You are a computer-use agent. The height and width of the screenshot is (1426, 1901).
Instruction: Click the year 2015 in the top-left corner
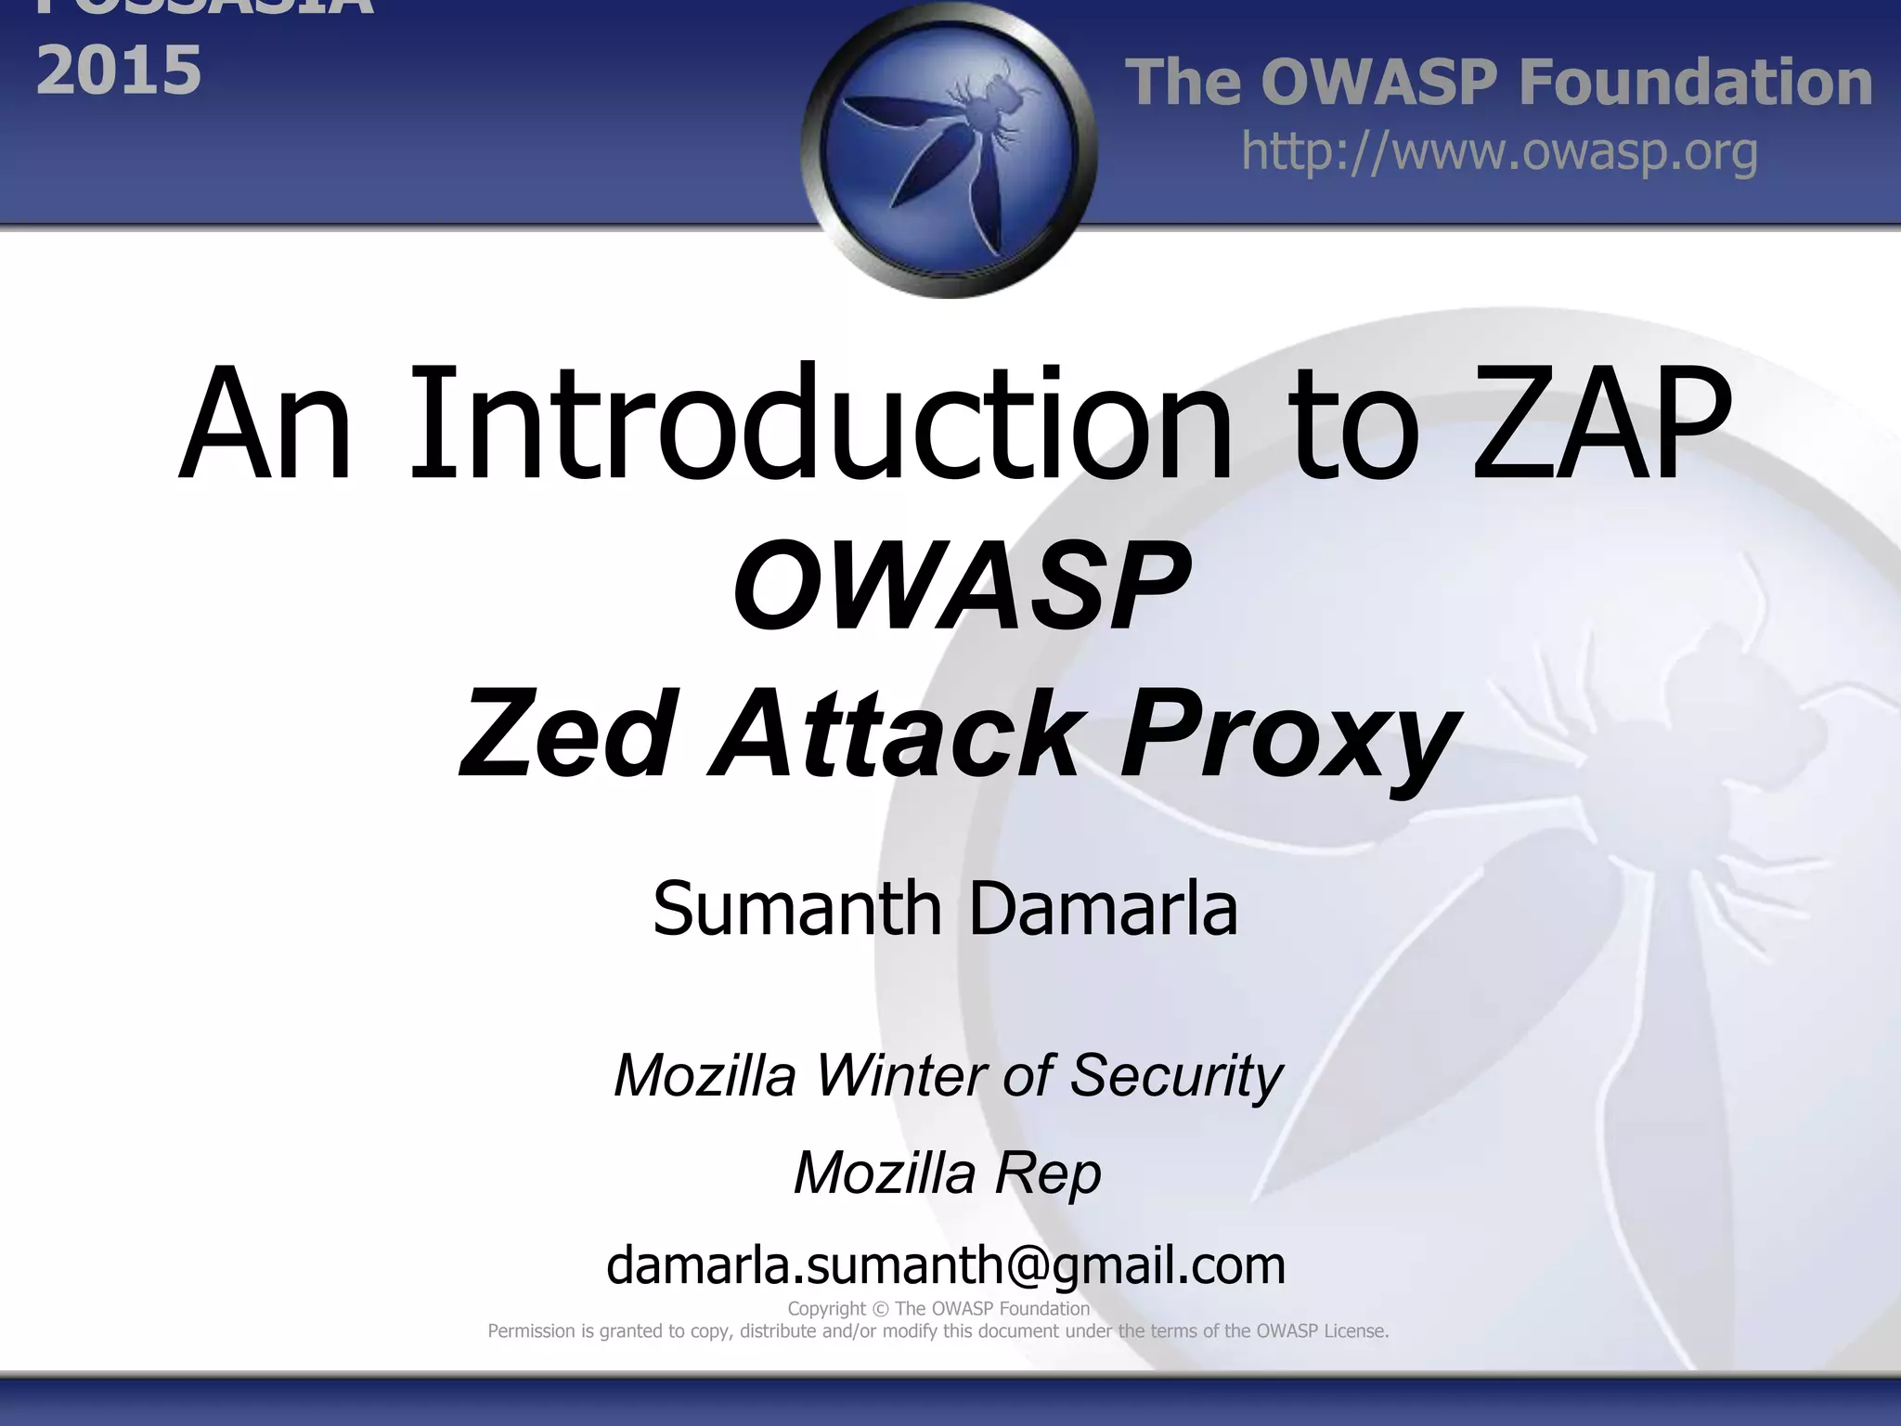click(119, 71)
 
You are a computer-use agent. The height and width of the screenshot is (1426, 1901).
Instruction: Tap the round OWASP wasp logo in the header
click(949, 149)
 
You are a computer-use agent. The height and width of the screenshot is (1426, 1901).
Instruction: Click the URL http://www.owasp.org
click(1499, 152)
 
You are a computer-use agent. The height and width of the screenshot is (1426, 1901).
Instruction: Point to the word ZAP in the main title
click(1602, 428)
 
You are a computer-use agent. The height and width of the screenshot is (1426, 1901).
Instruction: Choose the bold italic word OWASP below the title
click(962, 587)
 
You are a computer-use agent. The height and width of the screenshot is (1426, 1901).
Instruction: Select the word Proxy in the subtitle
click(1287, 738)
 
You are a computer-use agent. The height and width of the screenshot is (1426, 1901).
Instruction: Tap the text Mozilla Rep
click(947, 1173)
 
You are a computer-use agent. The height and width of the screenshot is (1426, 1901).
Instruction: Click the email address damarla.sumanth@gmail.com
click(946, 1266)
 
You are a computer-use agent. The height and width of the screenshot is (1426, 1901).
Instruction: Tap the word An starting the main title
click(265, 428)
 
